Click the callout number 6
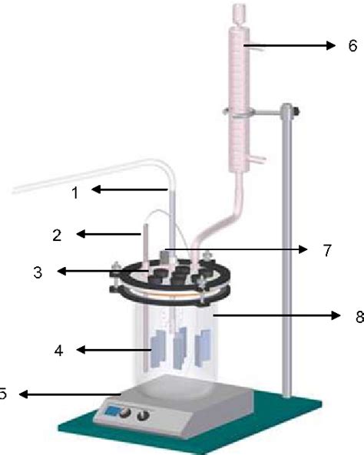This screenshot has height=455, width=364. coord(352,46)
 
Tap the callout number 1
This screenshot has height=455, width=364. coord(75,193)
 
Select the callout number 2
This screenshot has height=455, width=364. coord(58,235)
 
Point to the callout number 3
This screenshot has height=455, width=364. coord(38,272)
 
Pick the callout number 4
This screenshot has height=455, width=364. coord(58,351)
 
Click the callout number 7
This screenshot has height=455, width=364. coord(327,250)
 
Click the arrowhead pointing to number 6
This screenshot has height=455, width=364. coord(331,45)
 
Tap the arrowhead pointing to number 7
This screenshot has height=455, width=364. coord(303,249)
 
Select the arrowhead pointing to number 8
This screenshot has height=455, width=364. coord(336,315)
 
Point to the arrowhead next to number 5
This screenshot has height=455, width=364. coord(23,394)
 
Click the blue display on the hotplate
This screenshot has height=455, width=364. coord(112,410)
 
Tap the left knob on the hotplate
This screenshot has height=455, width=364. coord(125,414)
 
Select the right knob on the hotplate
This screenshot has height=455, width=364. coord(143,416)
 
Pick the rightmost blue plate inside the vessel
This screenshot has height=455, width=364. coord(203,348)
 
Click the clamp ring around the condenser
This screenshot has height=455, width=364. coord(239,113)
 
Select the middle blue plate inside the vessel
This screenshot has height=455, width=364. coord(180,348)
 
